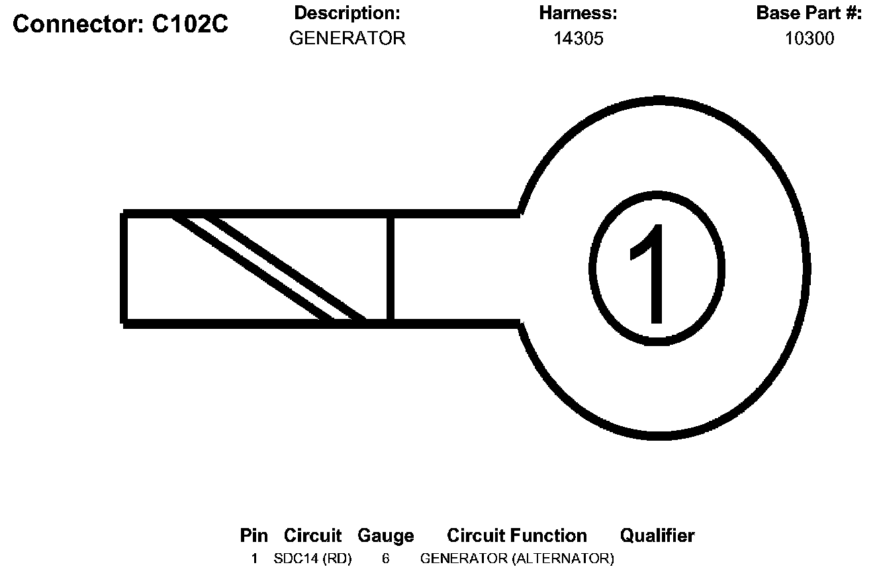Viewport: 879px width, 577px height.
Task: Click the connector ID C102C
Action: tap(191, 24)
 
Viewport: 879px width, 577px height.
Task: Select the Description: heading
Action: tap(347, 13)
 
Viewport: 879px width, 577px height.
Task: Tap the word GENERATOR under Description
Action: tap(347, 38)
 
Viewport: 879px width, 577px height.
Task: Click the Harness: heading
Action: tap(578, 13)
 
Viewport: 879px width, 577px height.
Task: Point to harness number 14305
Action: tap(578, 38)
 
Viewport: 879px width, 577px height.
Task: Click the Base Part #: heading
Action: tap(809, 13)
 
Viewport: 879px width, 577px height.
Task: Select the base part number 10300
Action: tap(809, 38)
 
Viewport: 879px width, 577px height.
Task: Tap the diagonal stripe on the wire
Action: tap(268, 268)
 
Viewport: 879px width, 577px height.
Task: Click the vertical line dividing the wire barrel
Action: tap(391, 268)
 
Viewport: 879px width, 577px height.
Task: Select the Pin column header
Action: tap(254, 535)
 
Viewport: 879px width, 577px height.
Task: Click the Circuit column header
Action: tap(312, 535)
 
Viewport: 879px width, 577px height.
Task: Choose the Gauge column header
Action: tap(385, 535)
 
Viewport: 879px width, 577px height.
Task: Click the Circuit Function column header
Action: tap(516, 535)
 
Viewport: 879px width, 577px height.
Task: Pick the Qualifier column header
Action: tap(657, 535)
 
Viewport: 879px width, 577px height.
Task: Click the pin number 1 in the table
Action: tap(254, 558)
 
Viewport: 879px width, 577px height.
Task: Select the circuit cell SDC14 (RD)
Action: tap(312, 558)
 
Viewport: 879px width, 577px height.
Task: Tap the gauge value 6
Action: tap(385, 558)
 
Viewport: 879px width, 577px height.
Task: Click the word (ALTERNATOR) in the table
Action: tap(563, 558)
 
